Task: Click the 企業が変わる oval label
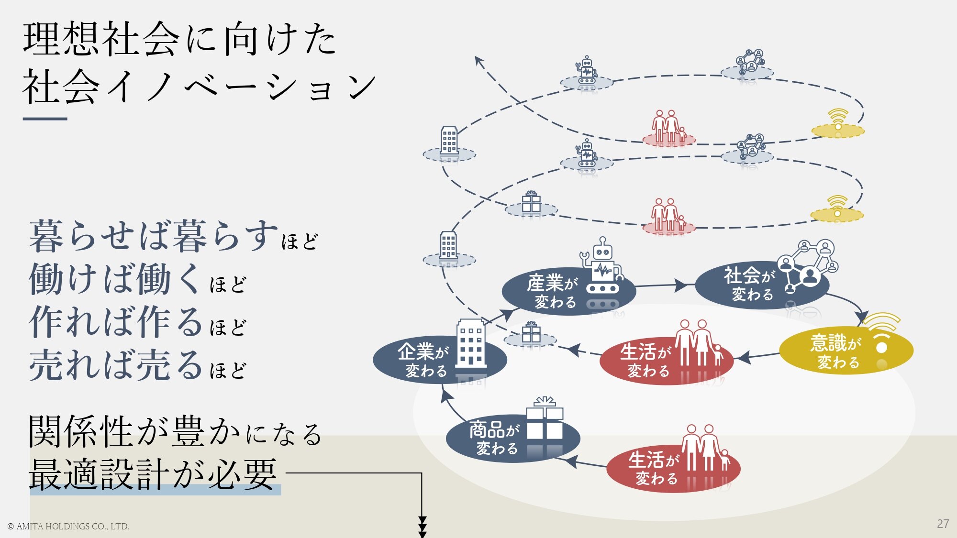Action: tap(423, 360)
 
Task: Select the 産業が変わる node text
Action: tap(553, 291)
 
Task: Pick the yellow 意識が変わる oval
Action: tap(837, 352)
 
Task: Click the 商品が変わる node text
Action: tap(495, 438)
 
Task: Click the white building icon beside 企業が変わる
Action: tap(471, 344)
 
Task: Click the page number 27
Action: tap(943, 524)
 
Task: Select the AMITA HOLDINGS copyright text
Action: tap(68, 527)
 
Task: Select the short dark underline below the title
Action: tap(45, 119)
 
